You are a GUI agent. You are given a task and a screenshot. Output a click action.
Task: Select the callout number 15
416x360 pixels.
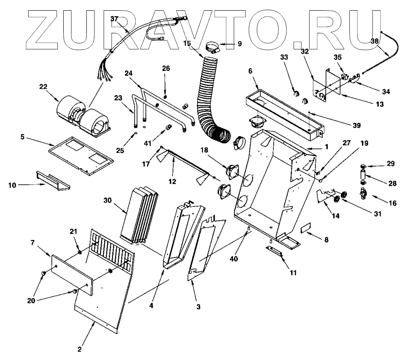(x=187, y=44)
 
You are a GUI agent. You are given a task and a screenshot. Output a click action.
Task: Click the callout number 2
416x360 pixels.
(x=80, y=349)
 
